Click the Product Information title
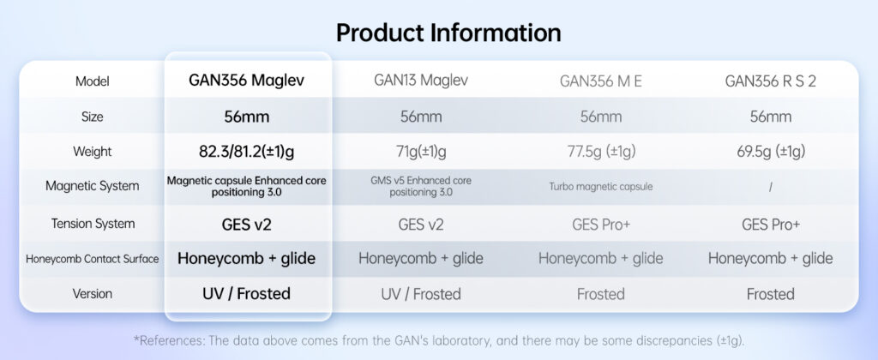(x=448, y=33)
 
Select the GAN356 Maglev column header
(x=246, y=80)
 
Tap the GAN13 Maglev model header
(x=421, y=80)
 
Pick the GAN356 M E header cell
(x=601, y=81)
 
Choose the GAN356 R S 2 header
(x=771, y=81)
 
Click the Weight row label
(x=93, y=152)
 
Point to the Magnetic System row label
(x=93, y=186)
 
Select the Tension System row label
(x=93, y=224)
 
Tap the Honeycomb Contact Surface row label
(x=93, y=259)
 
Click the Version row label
(x=93, y=293)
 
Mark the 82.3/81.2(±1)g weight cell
(x=246, y=152)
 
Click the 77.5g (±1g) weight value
(x=601, y=152)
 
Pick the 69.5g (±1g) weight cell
(x=771, y=152)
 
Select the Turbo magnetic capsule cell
(x=601, y=187)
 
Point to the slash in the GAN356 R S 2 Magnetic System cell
(x=771, y=188)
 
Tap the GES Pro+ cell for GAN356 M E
(x=601, y=225)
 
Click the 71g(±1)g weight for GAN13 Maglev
(x=421, y=152)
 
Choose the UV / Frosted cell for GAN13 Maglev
(x=421, y=294)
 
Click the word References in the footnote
(x=167, y=340)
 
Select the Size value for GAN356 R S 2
(x=771, y=117)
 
